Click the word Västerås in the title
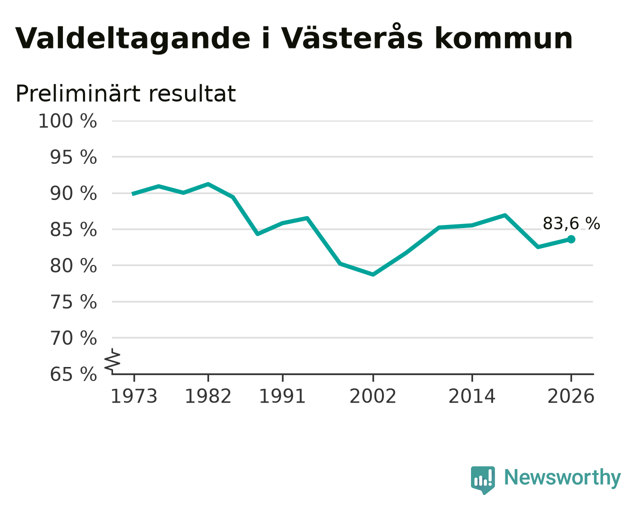tap(351, 37)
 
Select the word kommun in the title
tap(503, 38)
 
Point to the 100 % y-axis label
tap(67, 121)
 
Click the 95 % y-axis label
tap(73, 157)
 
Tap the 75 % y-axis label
tap(73, 302)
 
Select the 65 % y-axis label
tap(73, 374)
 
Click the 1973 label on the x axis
tap(134, 396)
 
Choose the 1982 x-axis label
tap(208, 396)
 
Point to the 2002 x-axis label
tap(373, 396)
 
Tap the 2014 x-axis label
tap(472, 396)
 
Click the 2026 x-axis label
tap(571, 396)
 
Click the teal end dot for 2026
tap(571, 239)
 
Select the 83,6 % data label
tap(571, 223)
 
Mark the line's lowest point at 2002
tap(373, 274)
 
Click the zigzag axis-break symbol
tap(112, 360)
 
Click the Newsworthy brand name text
tap(562, 477)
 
